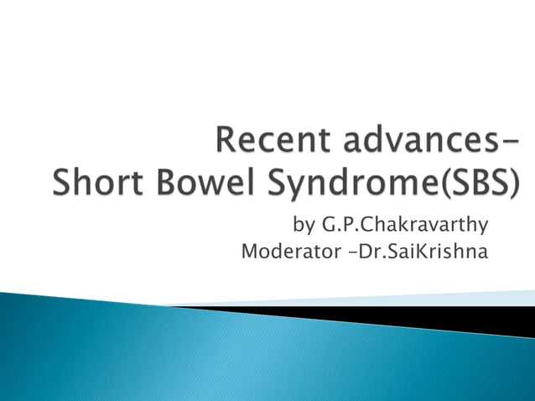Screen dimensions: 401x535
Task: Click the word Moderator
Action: coord(283,251)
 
